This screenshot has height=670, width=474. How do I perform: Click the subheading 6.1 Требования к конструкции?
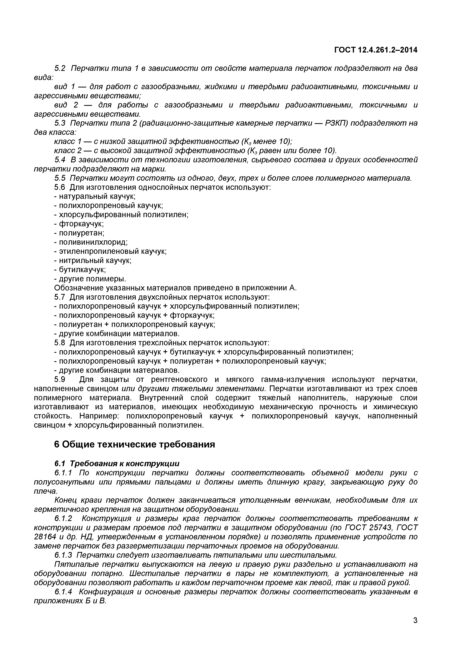tap(117, 463)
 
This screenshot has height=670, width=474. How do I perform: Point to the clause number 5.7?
tap(60, 297)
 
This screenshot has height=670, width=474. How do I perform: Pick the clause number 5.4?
tap(60, 160)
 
